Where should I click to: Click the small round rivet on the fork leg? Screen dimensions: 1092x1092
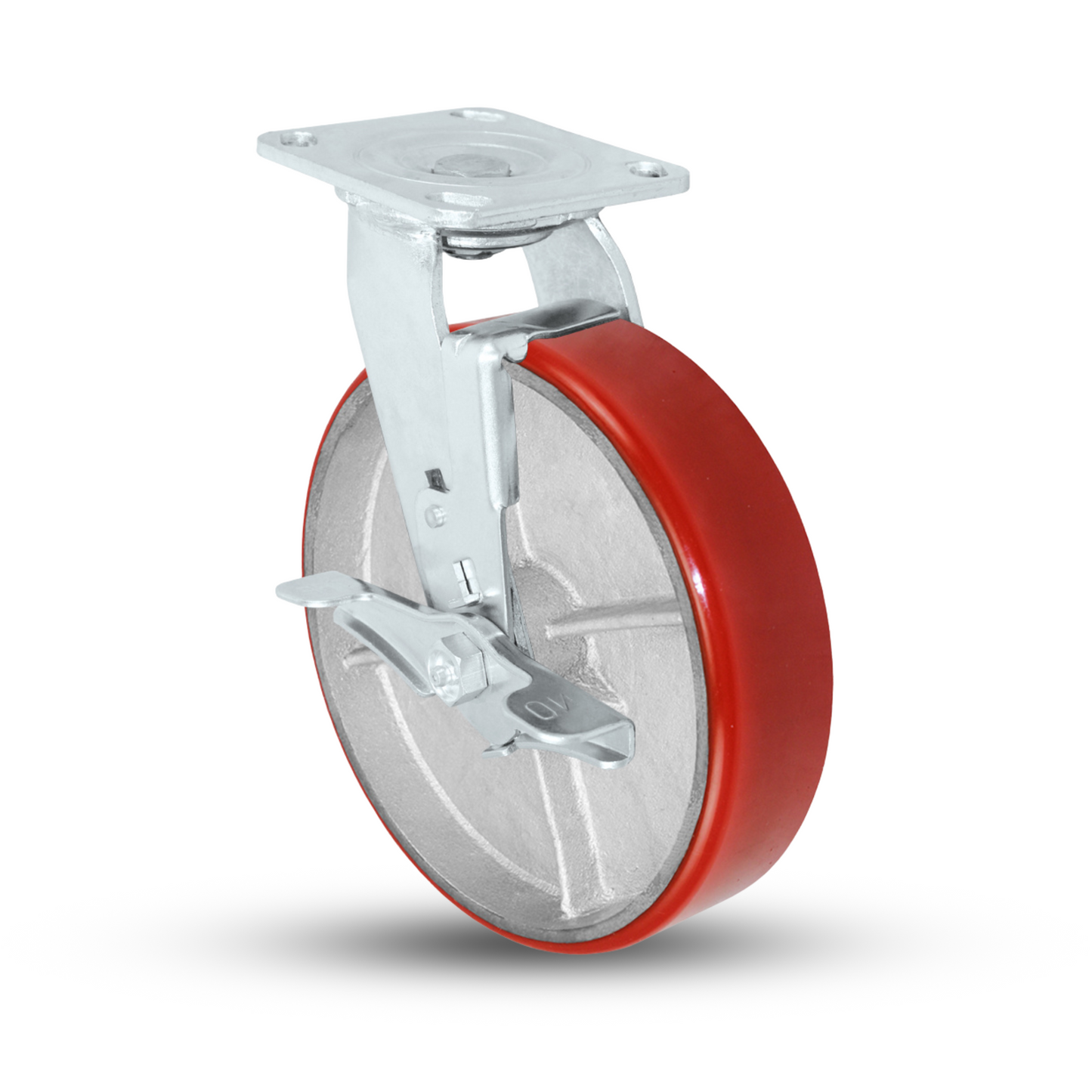[x=433, y=515]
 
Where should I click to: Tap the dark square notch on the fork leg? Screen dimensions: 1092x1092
[x=434, y=478]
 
